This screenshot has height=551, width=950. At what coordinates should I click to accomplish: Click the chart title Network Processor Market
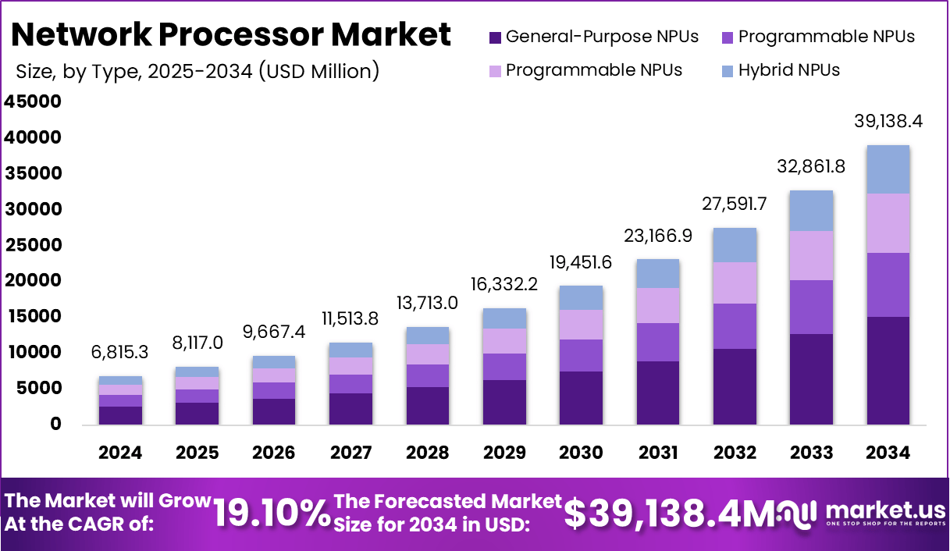pyautogui.click(x=231, y=34)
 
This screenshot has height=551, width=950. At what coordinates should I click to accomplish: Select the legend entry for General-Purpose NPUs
pyautogui.click(x=593, y=37)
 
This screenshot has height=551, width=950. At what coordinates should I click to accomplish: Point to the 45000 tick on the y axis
pyautogui.click(x=33, y=102)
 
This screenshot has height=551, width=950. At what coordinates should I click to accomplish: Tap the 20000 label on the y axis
pyautogui.click(x=33, y=281)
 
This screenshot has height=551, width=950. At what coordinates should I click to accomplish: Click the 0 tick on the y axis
pyautogui.click(x=55, y=424)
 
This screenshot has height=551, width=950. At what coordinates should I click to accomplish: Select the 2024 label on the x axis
pyautogui.click(x=120, y=453)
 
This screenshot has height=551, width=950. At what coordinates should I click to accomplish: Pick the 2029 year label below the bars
pyautogui.click(x=504, y=453)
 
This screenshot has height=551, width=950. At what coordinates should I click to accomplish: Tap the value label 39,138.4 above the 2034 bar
pyautogui.click(x=888, y=122)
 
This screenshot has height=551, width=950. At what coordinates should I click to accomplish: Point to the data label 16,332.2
pyautogui.click(x=504, y=285)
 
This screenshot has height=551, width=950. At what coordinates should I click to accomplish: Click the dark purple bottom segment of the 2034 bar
pyautogui.click(x=888, y=371)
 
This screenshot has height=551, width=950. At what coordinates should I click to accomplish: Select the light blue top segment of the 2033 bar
pyautogui.click(x=811, y=211)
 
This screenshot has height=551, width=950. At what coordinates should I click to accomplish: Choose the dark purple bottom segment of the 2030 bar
pyautogui.click(x=581, y=398)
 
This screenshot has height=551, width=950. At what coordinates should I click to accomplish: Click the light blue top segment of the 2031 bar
pyautogui.click(x=657, y=274)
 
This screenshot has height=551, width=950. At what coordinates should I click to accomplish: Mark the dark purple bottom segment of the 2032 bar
pyautogui.click(x=735, y=386)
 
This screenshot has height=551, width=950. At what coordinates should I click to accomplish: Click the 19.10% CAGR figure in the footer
pyautogui.click(x=272, y=514)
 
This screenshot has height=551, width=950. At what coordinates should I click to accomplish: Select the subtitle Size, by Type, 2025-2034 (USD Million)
pyautogui.click(x=197, y=71)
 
